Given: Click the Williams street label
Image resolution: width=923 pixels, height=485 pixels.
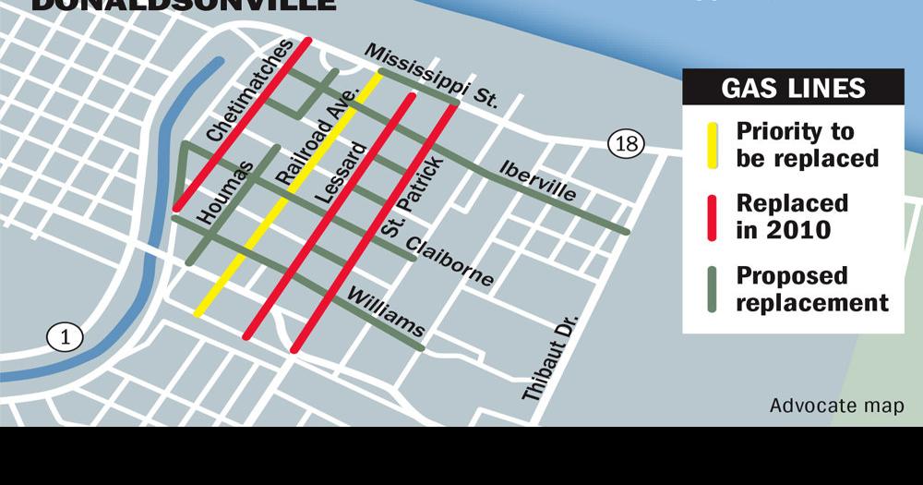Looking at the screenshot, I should pos(386,312).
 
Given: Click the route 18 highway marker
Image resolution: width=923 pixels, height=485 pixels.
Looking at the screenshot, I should pos(625,143).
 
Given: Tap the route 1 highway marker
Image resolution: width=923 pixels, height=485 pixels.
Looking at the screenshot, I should pos(65,337).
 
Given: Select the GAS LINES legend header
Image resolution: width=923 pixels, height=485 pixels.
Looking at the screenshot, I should pos(793,88).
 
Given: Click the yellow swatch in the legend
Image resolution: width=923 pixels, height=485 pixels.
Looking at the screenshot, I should pos(712,145).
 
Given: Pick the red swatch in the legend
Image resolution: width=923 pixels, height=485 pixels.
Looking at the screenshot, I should pos(712,217).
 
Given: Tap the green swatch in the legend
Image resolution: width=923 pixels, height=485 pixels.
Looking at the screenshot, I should pos(712,289).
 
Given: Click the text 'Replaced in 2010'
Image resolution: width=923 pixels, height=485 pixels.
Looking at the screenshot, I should pos(791,216).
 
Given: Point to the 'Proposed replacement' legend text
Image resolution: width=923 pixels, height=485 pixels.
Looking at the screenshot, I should pos(811,289).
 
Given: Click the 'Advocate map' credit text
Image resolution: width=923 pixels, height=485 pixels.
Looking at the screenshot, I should pos(836,406).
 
